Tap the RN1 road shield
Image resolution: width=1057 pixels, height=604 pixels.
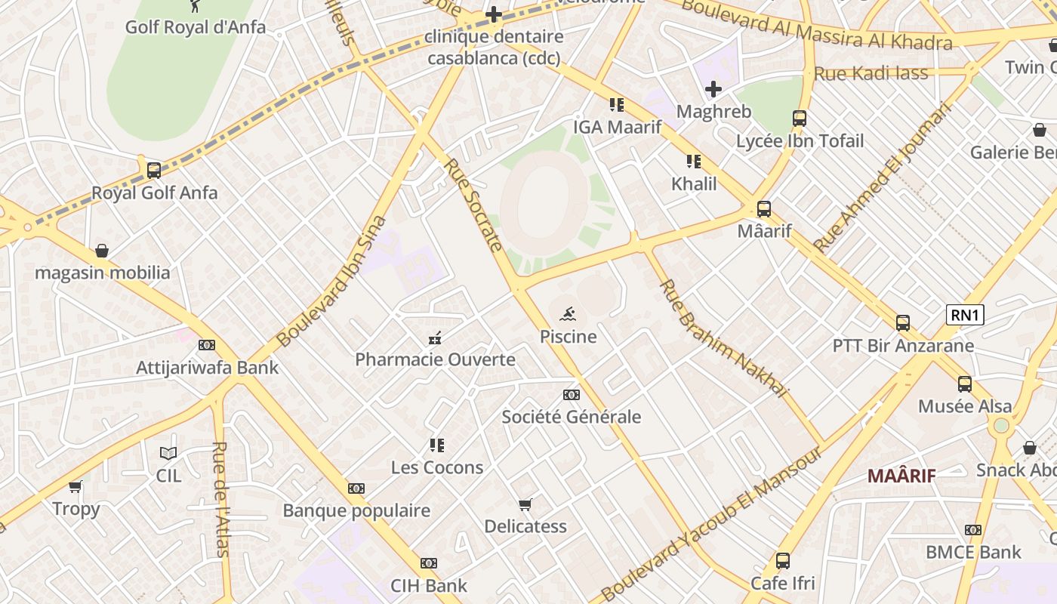pyautogui.click(x=965, y=315)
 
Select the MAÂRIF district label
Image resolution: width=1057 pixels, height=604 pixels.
pyautogui.click(x=901, y=476)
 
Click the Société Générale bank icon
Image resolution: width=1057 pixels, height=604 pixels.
pyautogui.click(x=572, y=395)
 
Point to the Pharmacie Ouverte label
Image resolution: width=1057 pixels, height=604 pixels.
pyautogui.click(x=435, y=359)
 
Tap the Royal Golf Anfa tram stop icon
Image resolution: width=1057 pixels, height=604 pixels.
pyautogui.click(x=154, y=171)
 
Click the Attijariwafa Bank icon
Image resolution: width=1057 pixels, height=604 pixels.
pyautogui.click(x=207, y=345)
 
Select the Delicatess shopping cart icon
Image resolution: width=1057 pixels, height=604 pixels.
pyautogui.click(x=525, y=504)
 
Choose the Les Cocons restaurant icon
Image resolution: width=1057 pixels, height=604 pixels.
pyautogui.click(x=437, y=445)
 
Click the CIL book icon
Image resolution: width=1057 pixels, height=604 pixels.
pyautogui.click(x=168, y=453)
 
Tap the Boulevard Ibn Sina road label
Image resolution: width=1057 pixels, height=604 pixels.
pyautogui.click(x=331, y=282)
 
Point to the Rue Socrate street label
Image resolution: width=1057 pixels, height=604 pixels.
pyautogui.click(x=473, y=205)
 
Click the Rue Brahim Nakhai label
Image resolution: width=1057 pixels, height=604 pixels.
pyautogui.click(x=723, y=337)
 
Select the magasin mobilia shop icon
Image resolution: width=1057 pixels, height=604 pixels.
pyautogui.click(x=102, y=251)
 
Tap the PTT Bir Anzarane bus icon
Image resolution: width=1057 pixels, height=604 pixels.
pyautogui.click(x=903, y=323)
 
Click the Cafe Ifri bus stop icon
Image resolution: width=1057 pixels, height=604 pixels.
pyautogui.click(x=783, y=561)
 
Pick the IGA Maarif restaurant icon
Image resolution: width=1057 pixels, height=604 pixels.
pyautogui.click(x=617, y=105)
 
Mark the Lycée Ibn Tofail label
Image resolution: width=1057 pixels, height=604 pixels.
pyautogui.click(x=800, y=141)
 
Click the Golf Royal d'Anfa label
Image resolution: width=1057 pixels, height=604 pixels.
pyautogui.click(x=195, y=27)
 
